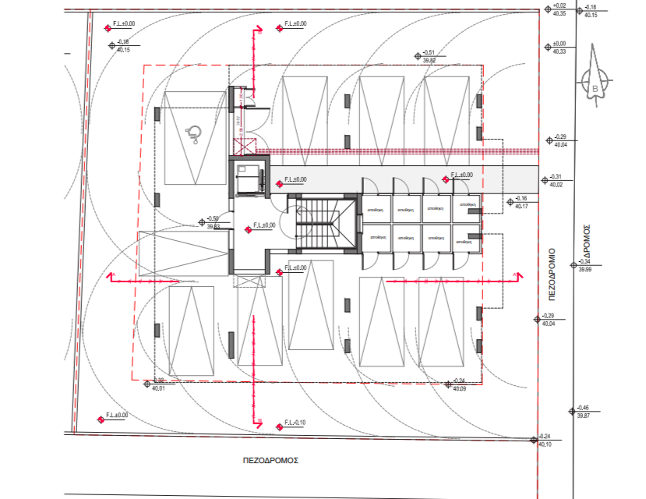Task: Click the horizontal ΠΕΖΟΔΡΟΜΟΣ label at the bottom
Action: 270,461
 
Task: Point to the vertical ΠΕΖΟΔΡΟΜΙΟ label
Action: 551,276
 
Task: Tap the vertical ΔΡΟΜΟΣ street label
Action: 588,242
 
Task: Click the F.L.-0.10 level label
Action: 295,423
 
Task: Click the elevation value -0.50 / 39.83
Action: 212,222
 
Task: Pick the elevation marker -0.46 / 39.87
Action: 583,411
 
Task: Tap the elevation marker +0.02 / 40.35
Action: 559,9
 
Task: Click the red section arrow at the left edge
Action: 111,276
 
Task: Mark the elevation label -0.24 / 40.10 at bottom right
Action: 545,440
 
